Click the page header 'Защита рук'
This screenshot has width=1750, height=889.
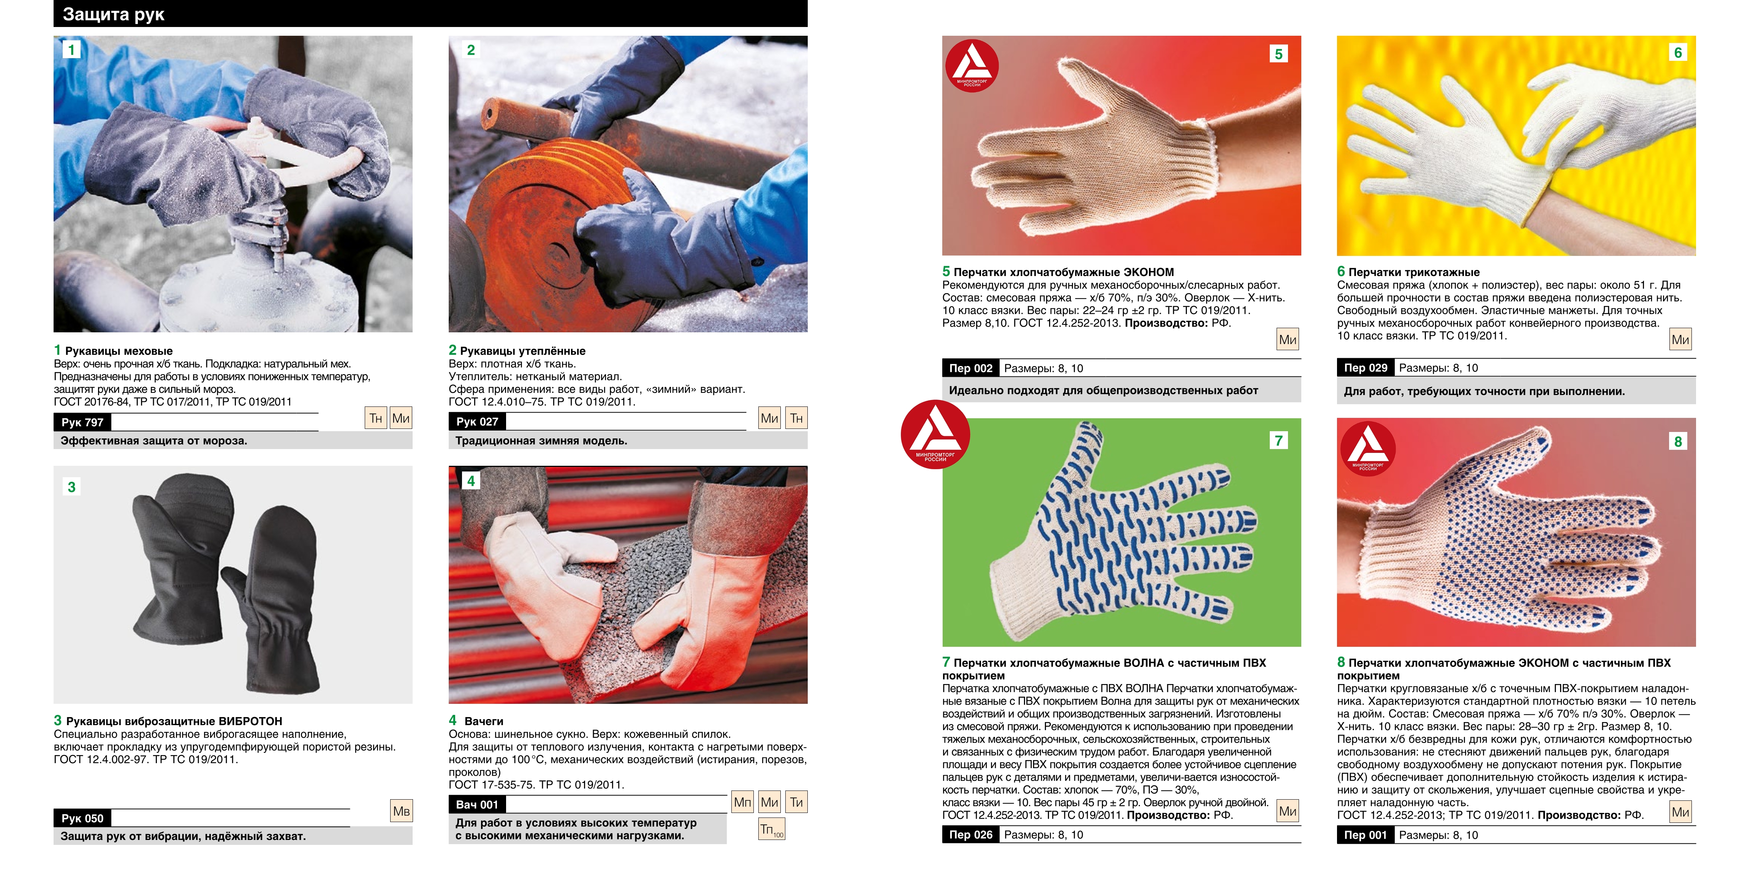(114, 14)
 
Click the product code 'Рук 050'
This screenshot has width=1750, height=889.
(82, 818)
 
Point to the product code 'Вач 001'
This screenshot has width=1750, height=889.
(477, 805)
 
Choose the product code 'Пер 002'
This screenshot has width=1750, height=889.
(971, 368)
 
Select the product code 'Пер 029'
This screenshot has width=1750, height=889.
(1366, 368)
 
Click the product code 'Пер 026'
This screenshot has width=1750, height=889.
(971, 835)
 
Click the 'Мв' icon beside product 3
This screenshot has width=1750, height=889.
(402, 811)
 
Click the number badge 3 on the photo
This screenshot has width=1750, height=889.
(71, 487)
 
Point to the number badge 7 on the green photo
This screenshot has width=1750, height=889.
(1278, 440)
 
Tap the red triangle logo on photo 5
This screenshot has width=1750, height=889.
(972, 65)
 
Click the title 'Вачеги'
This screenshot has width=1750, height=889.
(484, 721)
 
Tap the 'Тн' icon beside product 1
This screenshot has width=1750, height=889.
(376, 418)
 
